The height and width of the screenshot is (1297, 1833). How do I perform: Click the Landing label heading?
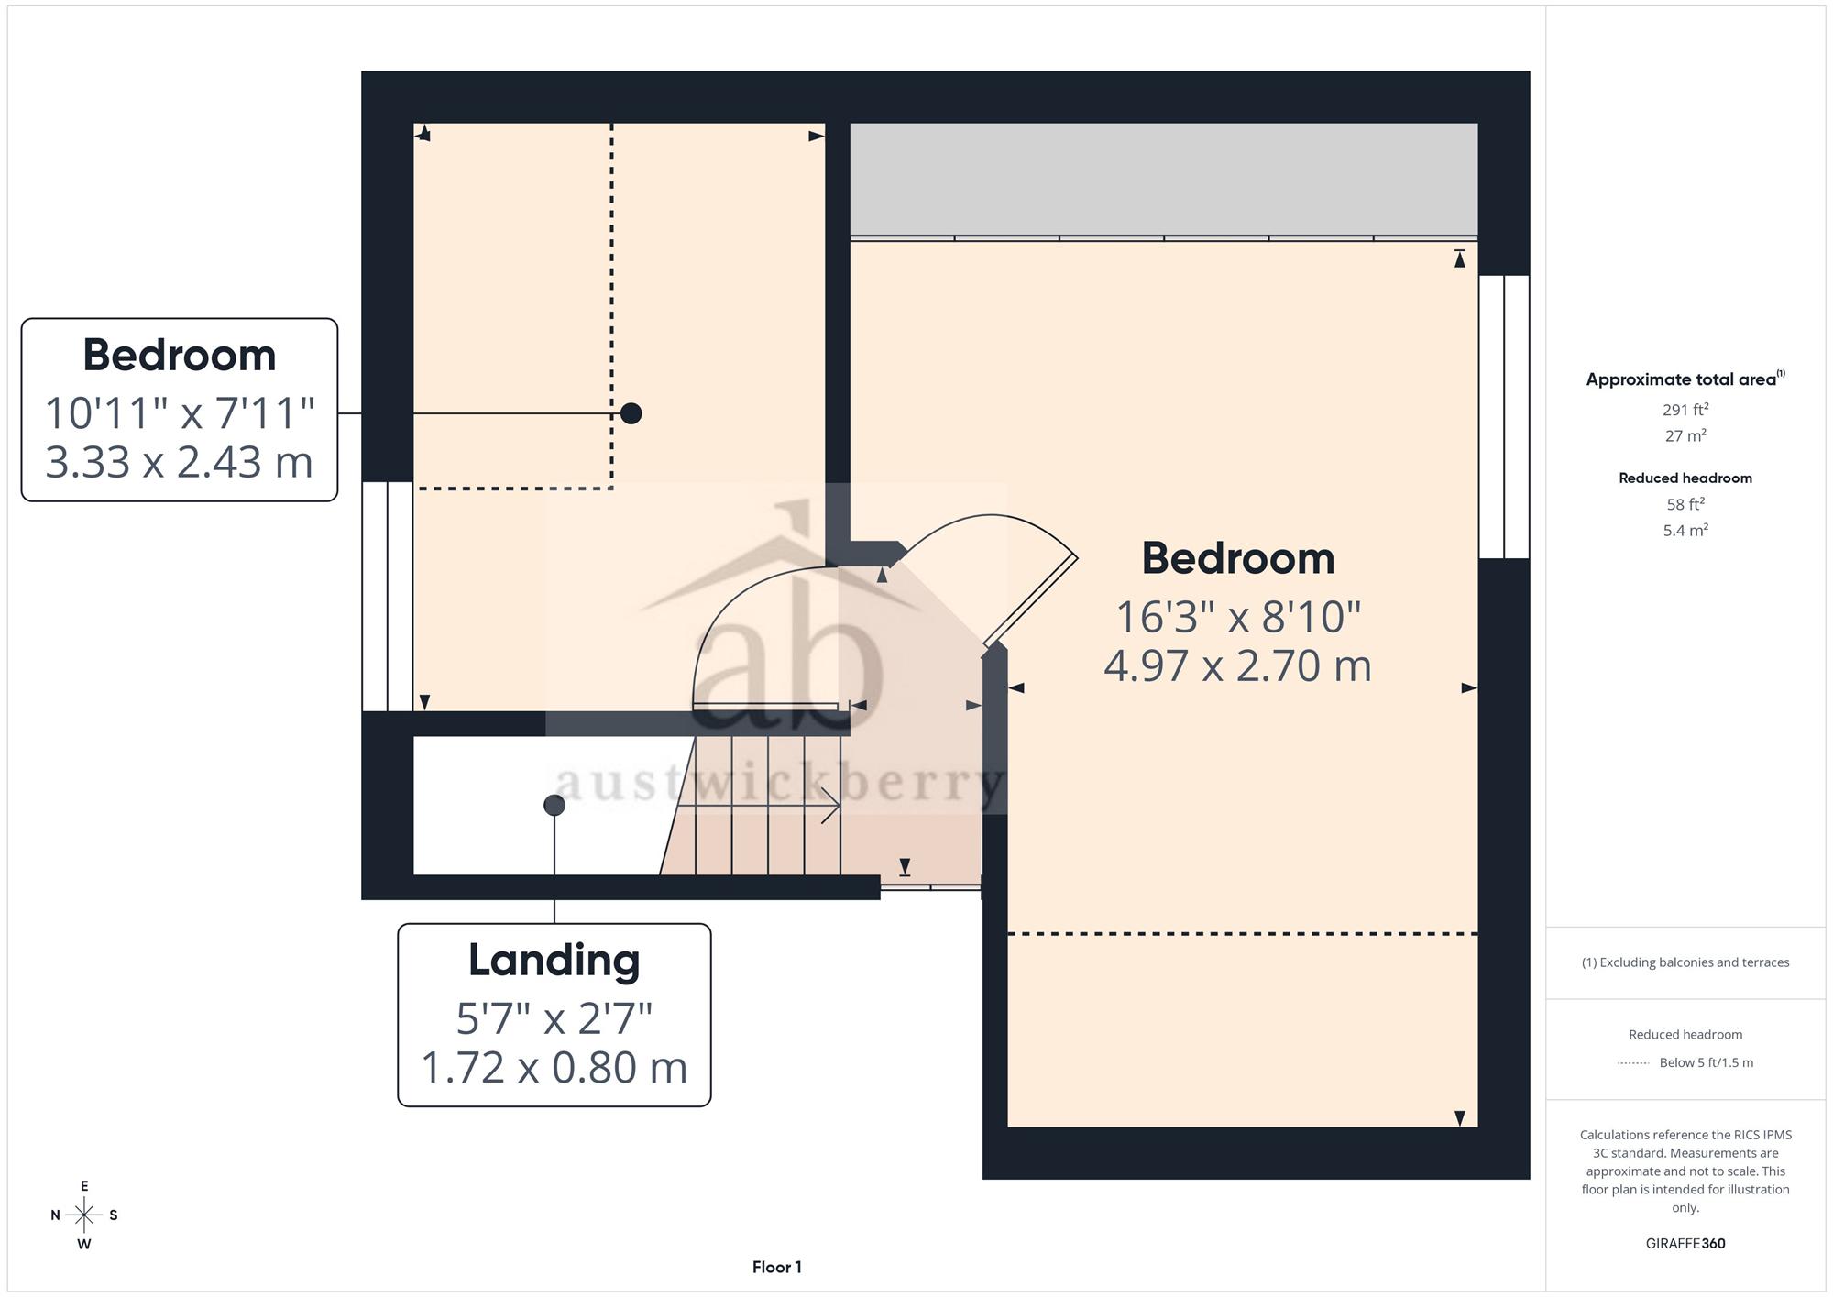(554, 960)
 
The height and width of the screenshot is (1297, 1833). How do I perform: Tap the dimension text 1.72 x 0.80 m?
(554, 1067)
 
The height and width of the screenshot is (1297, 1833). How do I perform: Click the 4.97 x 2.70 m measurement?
(1237, 665)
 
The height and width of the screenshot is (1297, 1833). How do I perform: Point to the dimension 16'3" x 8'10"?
(1237, 617)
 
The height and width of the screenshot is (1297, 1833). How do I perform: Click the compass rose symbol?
(84, 1215)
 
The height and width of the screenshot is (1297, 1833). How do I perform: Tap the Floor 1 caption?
(776, 1267)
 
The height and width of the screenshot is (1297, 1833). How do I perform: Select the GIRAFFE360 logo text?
(1685, 1243)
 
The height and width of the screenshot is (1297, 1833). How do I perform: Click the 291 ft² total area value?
(1685, 410)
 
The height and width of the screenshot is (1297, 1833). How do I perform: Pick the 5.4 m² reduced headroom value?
(1685, 530)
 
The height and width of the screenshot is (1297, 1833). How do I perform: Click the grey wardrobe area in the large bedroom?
(1164, 180)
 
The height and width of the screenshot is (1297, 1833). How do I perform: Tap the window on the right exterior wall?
(1504, 417)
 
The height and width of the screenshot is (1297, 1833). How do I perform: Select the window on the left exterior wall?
(388, 597)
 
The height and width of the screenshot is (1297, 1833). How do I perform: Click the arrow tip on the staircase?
(839, 805)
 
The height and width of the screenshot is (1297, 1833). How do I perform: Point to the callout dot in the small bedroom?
(631, 413)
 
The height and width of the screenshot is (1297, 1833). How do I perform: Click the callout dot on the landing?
(554, 805)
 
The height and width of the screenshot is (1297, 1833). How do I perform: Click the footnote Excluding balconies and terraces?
(1685, 962)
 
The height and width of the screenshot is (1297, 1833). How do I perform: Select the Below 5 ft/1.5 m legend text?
(1707, 1062)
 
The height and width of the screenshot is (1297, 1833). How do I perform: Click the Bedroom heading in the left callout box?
(179, 355)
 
